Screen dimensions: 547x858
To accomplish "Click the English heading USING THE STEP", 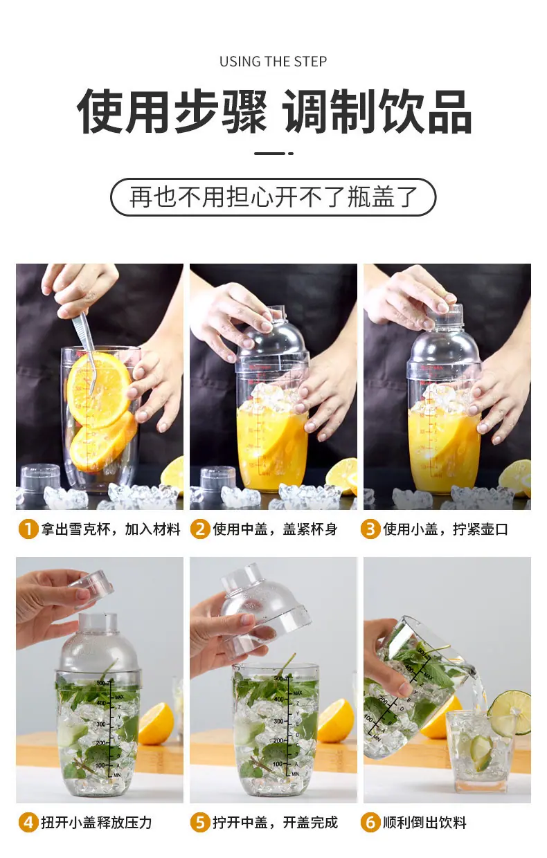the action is (x=273, y=62).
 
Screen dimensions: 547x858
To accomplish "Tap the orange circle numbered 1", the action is (x=28, y=529).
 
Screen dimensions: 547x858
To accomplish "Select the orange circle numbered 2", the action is (x=200, y=529).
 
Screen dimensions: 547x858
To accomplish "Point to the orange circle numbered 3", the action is (x=370, y=529).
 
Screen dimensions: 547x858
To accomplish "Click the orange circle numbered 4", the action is (x=28, y=823).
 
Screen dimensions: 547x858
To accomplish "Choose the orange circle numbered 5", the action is (x=200, y=823).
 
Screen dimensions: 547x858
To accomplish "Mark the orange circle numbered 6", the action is (x=370, y=823).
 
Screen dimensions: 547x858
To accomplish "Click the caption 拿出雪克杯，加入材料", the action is (x=111, y=529).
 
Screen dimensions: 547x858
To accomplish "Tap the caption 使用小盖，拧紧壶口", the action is (x=445, y=529).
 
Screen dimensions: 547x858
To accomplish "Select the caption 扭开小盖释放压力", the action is (x=97, y=823).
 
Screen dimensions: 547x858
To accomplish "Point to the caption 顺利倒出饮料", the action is (x=424, y=823).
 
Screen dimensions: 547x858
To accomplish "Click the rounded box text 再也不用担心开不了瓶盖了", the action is (x=273, y=197).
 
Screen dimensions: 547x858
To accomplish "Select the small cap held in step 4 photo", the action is (x=91, y=588).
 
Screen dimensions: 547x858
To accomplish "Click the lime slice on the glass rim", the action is (x=510, y=713).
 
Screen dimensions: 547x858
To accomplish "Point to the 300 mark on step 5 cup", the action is (x=278, y=721).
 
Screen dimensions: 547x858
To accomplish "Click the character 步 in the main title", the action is (x=198, y=111).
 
